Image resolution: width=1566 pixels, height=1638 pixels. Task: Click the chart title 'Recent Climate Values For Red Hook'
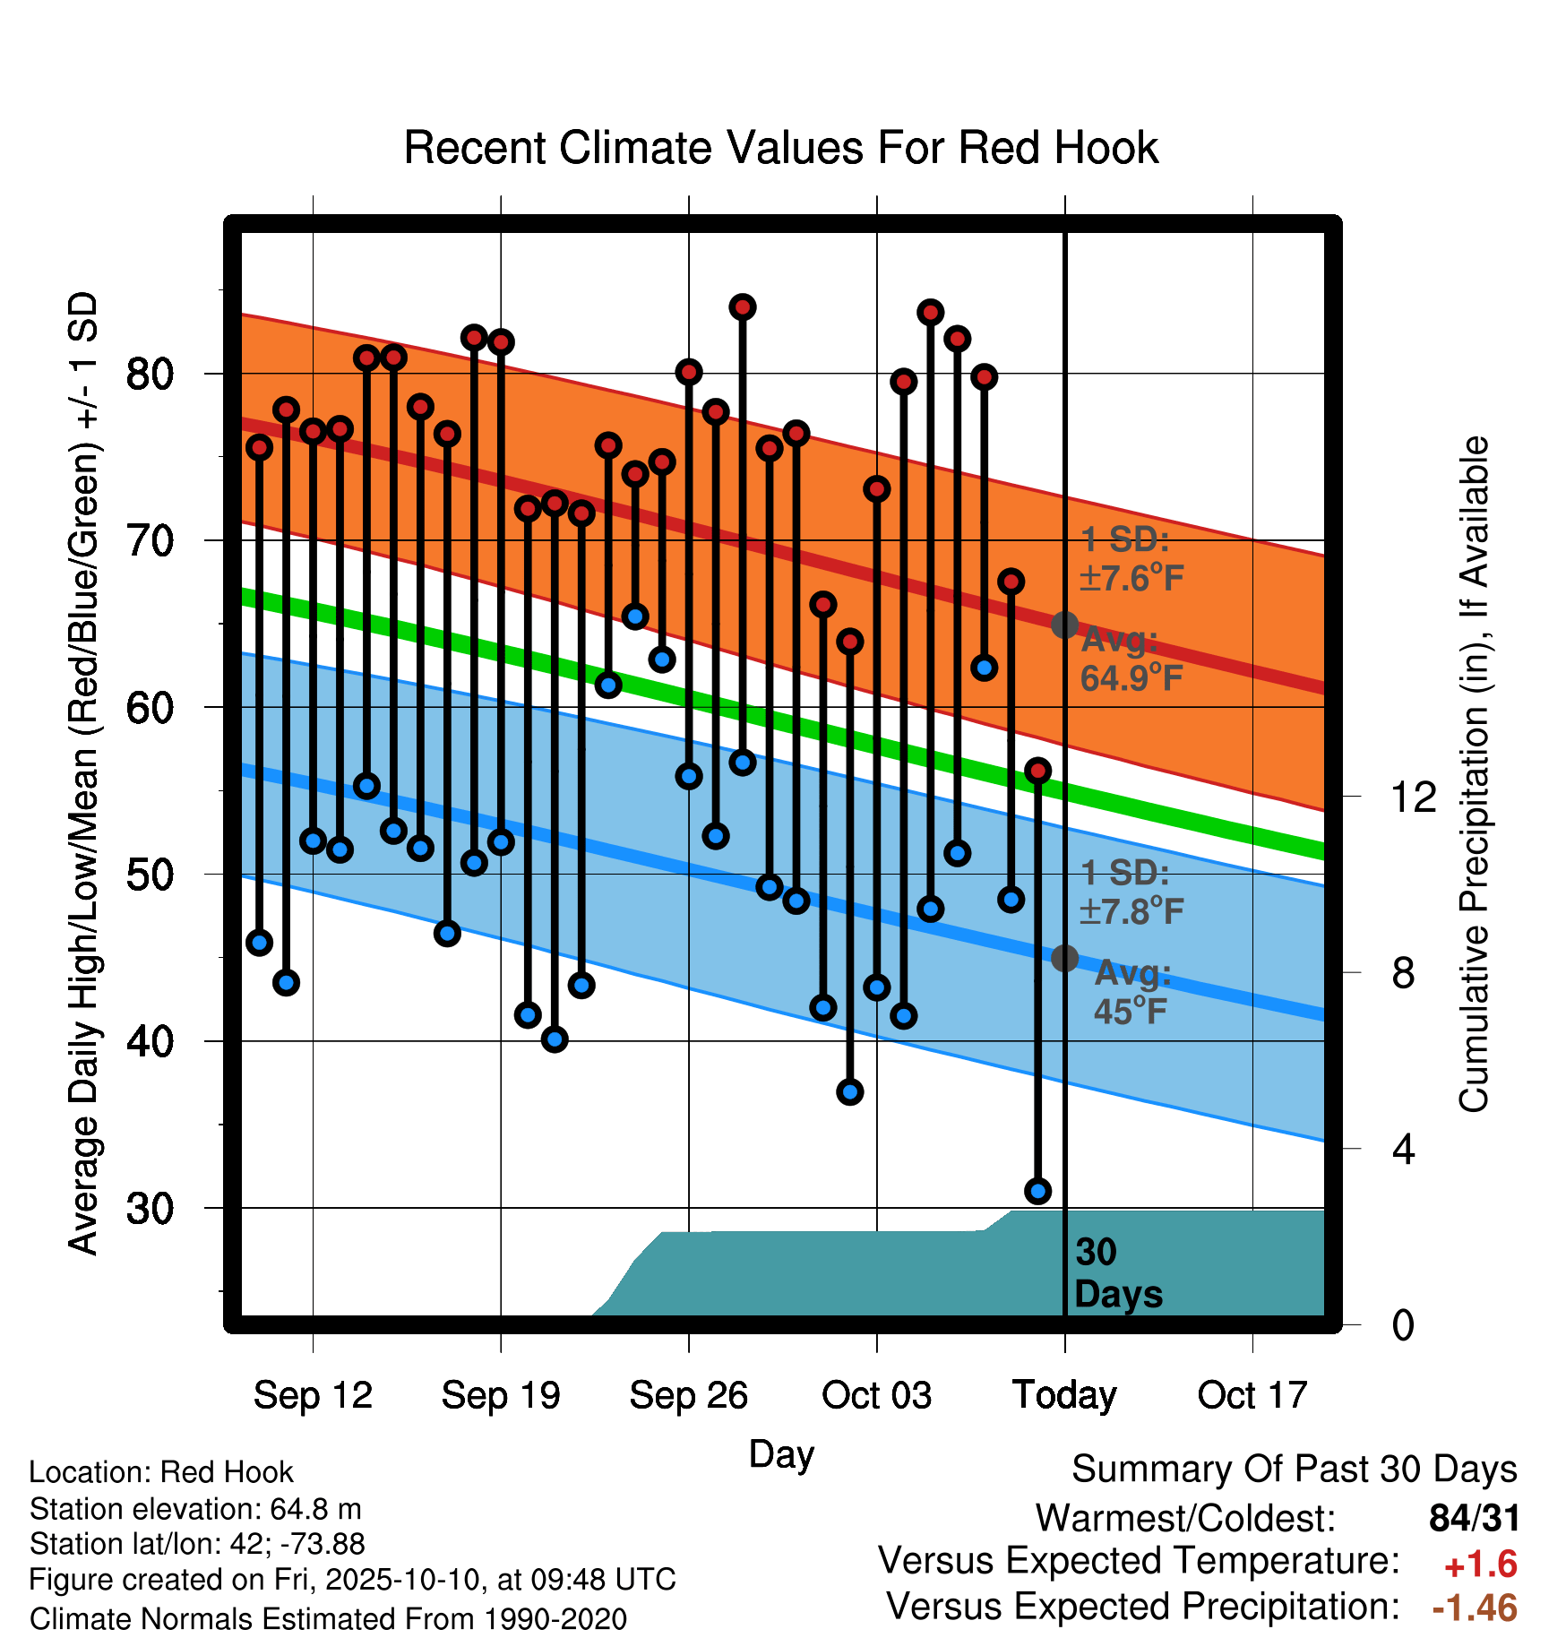point(781,148)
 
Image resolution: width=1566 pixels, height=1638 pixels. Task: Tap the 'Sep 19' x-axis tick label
point(501,1395)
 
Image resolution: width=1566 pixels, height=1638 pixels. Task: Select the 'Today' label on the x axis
point(1064,1395)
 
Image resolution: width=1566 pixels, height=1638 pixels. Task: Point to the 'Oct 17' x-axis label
point(1252,1395)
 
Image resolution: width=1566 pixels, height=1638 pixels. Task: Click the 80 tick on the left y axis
point(150,374)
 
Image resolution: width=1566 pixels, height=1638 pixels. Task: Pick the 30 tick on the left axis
point(150,1209)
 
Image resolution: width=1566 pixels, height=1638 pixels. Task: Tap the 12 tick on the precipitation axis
point(1414,797)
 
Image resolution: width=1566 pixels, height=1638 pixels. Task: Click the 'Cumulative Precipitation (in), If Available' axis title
point(1474,774)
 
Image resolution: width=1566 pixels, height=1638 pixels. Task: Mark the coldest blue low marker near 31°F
point(1038,1191)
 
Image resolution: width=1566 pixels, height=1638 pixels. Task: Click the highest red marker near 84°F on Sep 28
point(743,307)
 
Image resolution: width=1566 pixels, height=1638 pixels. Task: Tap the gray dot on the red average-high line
point(1064,625)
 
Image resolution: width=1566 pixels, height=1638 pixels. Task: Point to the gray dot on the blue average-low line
point(1064,958)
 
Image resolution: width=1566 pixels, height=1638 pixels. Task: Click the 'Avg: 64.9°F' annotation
point(1131,660)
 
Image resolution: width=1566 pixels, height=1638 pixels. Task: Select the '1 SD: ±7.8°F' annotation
point(1131,892)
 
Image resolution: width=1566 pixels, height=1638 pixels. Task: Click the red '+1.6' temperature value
point(1480,1565)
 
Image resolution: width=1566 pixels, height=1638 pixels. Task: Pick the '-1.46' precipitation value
point(1475,1608)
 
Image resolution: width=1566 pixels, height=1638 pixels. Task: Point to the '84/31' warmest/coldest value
point(1475,1518)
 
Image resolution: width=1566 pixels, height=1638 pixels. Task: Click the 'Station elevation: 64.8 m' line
point(195,1510)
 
